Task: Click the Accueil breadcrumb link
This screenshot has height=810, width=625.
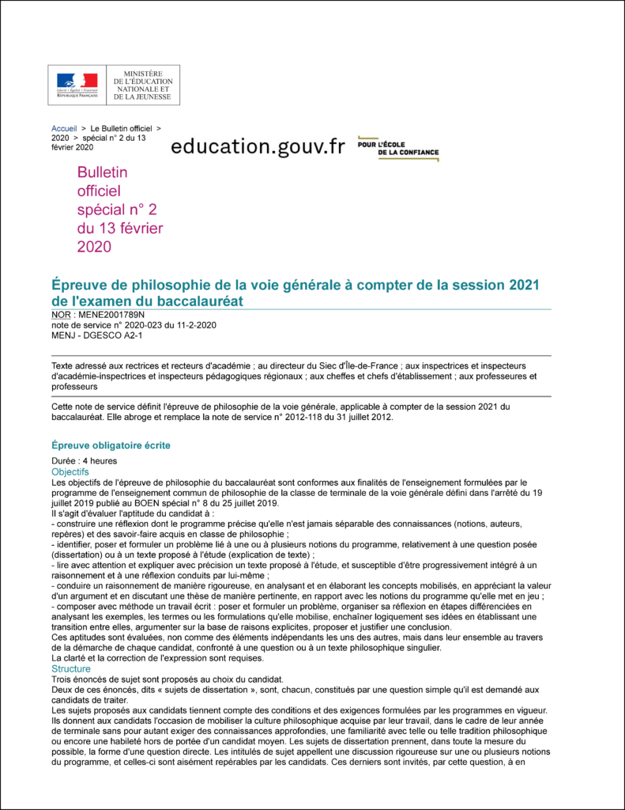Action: [x=64, y=128]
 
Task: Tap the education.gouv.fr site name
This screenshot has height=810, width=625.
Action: [x=258, y=146]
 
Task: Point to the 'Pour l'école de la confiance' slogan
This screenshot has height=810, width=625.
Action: [x=397, y=148]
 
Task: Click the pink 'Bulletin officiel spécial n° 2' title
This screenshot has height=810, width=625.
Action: [x=119, y=209]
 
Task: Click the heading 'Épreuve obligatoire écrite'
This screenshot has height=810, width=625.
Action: [x=111, y=445]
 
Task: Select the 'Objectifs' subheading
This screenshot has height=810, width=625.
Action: [x=70, y=471]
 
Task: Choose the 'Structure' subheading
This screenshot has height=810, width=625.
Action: [x=71, y=668]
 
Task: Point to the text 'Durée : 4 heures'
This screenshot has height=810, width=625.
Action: [x=85, y=461]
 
